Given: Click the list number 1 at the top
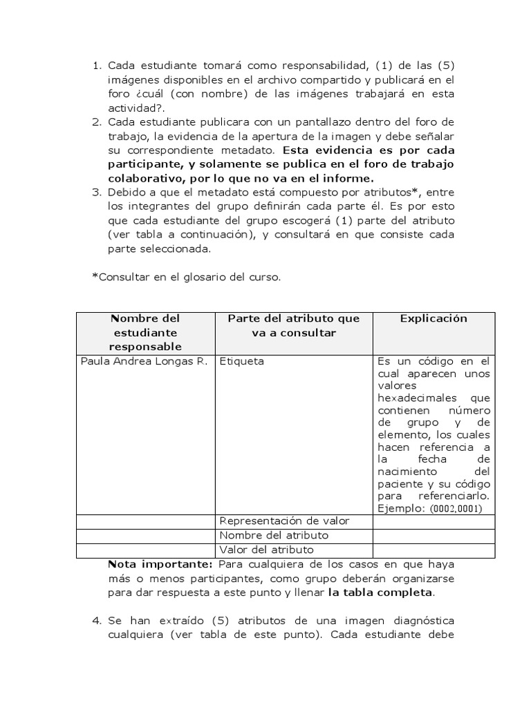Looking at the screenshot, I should coord(96,66).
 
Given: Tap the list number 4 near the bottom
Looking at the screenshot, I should coord(96,621).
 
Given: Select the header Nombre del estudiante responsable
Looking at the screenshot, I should coord(145,332).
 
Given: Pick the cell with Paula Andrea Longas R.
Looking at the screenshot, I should coord(144,361).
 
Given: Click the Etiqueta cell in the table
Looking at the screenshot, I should coord(241,361).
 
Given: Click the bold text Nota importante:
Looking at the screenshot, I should coord(154,563).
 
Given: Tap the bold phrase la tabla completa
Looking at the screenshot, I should coord(381,592).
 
